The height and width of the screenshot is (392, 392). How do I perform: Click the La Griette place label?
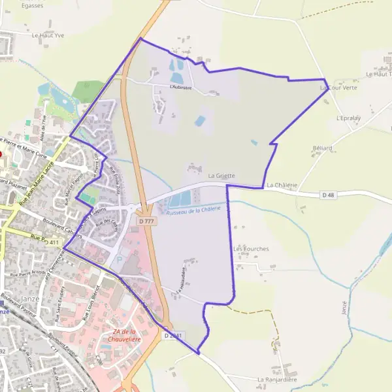point(221,176)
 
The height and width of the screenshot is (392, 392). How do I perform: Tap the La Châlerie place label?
point(282,186)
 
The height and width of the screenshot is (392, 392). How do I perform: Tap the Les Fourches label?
point(251,249)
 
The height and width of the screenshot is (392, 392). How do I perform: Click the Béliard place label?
point(322,148)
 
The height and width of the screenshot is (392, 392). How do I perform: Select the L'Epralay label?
point(348,119)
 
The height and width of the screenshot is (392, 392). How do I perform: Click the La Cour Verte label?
point(338,88)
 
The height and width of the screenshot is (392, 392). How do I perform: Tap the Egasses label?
point(32,5)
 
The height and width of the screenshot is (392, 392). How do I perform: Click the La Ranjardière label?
point(277,379)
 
